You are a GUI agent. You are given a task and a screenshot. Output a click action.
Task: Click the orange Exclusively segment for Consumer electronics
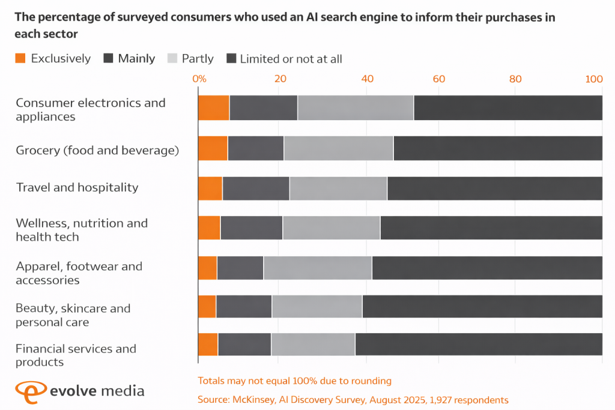point(214,108)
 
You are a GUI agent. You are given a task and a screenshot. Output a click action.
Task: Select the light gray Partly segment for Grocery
point(338,148)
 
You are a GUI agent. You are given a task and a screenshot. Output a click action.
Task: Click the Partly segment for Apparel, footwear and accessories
point(318,268)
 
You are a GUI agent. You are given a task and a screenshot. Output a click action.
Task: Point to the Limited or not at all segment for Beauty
point(482,307)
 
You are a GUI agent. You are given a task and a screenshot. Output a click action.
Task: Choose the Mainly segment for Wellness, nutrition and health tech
point(251,228)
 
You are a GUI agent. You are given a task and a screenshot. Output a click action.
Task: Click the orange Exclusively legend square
point(20,58)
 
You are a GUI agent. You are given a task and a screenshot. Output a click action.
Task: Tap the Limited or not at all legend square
point(231,58)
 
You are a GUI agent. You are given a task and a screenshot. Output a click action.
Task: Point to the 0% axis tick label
point(199,79)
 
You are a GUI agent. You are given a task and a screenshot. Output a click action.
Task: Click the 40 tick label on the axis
point(368,79)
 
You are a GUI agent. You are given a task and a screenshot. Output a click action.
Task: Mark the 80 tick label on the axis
point(515,79)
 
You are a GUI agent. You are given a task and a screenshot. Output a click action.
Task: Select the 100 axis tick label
point(594,79)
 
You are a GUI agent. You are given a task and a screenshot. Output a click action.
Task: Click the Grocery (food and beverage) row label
point(97,150)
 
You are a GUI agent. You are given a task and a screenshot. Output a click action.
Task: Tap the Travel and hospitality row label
point(77,187)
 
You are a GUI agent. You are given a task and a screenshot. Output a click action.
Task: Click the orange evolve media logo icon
point(28,391)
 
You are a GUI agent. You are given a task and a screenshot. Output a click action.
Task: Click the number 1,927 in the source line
point(441,400)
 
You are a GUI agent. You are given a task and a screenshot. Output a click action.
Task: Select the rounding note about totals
point(294,381)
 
